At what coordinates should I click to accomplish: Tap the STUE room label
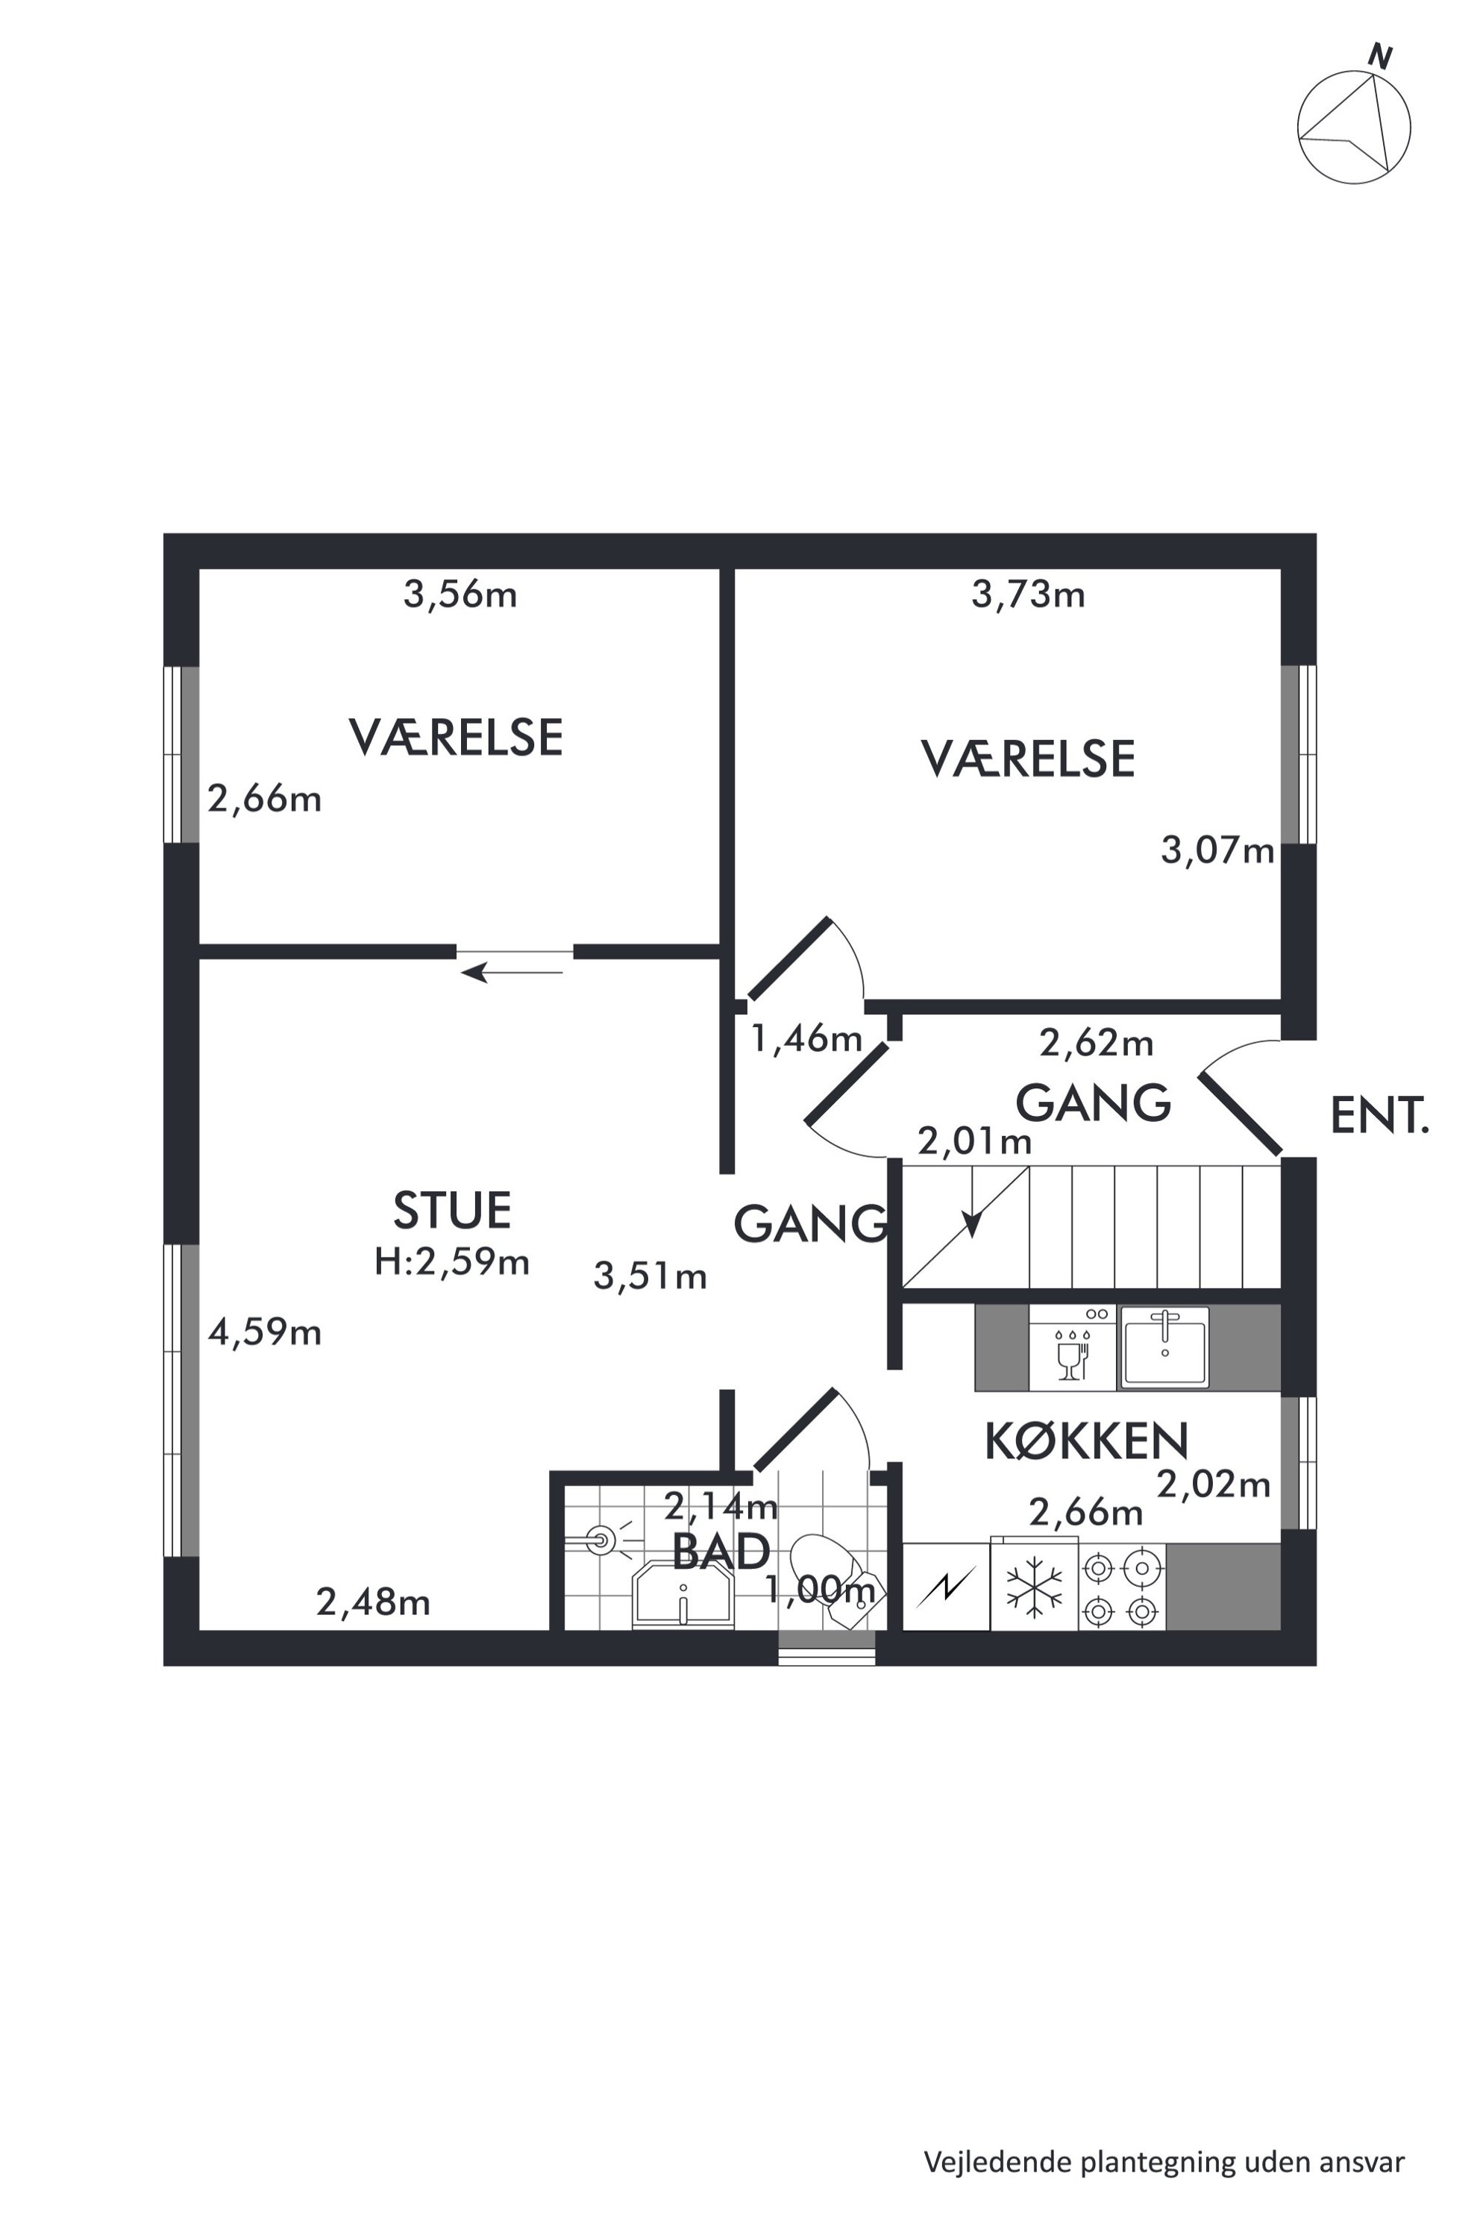click(x=452, y=1211)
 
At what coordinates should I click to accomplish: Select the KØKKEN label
click(x=1086, y=1441)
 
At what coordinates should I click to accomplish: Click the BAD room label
click(x=721, y=1552)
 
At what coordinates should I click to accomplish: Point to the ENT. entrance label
click(x=1379, y=1117)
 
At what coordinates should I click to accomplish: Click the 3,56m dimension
click(x=460, y=595)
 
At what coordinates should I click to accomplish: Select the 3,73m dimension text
click(x=1028, y=595)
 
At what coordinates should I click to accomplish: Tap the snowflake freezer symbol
click(x=1035, y=1586)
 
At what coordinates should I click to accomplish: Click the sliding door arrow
click(x=511, y=971)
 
